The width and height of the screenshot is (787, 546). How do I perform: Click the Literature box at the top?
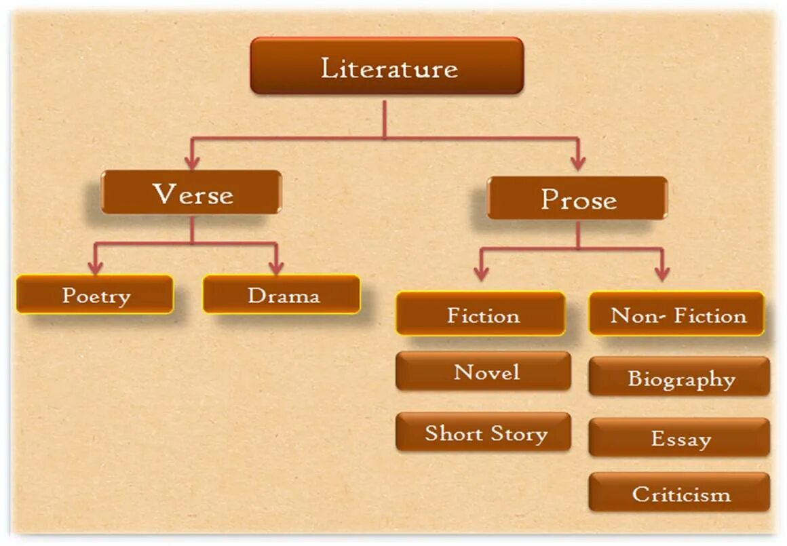(387, 66)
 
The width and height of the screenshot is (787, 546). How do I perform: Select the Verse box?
(191, 193)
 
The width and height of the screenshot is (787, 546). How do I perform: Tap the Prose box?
(577, 198)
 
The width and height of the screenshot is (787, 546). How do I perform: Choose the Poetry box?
(95, 295)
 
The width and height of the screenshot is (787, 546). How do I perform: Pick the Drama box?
(282, 295)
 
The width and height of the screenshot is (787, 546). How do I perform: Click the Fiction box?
(481, 315)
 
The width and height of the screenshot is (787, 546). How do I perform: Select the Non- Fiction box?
(677, 315)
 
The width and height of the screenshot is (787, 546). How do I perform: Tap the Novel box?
(484, 372)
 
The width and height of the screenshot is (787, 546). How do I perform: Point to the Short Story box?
(484, 433)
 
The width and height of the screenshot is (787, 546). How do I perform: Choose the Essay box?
(680, 438)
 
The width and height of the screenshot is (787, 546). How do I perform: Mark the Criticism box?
(680, 493)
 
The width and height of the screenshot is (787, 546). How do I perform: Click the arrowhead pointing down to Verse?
(193, 163)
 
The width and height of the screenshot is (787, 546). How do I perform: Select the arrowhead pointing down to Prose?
(577, 163)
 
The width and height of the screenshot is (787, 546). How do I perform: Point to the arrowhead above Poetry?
(96, 268)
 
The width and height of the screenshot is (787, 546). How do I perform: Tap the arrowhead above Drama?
(275, 268)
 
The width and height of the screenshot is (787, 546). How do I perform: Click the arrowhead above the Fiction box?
(482, 273)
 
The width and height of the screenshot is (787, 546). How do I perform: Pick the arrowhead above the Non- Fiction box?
(662, 273)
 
